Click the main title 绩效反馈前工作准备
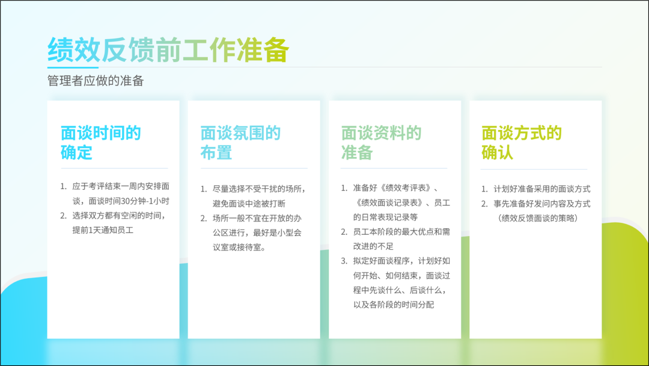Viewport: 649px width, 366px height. [x=168, y=50]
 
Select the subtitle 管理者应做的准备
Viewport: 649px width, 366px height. [x=96, y=81]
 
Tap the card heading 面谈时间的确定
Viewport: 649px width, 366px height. [x=100, y=143]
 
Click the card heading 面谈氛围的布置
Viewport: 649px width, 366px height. [x=240, y=143]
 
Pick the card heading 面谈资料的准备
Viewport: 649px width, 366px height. [x=381, y=143]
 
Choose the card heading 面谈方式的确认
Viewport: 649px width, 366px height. [x=522, y=143]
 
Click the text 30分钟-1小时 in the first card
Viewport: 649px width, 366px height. [x=145, y=201]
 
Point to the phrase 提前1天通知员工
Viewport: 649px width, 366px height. [x=103, y=230]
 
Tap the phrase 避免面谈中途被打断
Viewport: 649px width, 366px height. [x=249, y=203]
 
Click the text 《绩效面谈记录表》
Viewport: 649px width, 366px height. [x=388, y=203]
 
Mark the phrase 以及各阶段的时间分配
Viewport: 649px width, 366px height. [x=394, y=305]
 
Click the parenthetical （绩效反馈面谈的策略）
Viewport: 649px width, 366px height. [x=538, y=218]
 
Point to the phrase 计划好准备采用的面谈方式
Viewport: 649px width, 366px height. [x=542, y=189]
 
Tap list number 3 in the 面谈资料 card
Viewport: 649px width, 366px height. [x=344, y=261]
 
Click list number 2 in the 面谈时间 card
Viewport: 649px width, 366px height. [x=63, y=216]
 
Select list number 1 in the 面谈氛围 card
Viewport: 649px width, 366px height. [x=204, y=189]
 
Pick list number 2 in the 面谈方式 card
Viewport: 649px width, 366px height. [x=484, y=204]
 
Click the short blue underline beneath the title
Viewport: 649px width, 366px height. [x=73, y=67]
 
